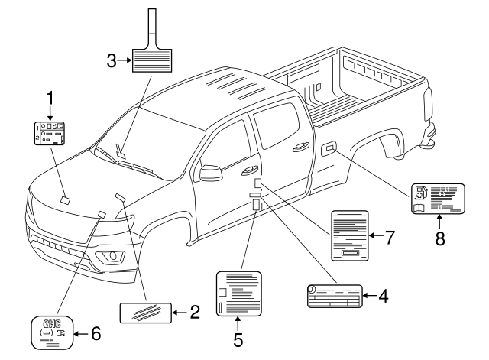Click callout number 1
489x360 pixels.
(50, 99)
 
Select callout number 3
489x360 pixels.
(112, 60)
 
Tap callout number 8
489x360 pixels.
(440, 239)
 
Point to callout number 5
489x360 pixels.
(238, 340)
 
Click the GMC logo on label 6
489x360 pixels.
(52, 323)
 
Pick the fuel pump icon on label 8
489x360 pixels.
(419, 193)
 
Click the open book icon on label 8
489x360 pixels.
(419, 208)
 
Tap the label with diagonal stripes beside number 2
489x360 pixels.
(146, 313)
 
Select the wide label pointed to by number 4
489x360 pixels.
(335, 296)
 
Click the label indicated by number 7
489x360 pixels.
(350, 235)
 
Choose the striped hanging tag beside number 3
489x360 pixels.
(152, 41)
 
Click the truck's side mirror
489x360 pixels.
(211, 173)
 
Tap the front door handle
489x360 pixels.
(249, 170)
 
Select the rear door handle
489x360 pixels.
(301, 147)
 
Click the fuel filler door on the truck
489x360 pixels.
(329, 148)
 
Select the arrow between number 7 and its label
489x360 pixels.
(376, 235)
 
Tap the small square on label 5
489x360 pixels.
(222, 292)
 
